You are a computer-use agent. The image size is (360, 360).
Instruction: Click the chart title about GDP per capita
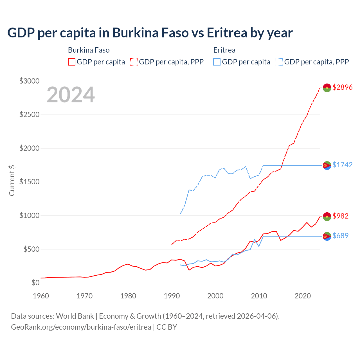click(x=150, y=33)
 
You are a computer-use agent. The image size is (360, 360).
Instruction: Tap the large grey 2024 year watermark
click(x=71, y=95)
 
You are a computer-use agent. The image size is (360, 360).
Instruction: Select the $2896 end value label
click(x=342, y=87)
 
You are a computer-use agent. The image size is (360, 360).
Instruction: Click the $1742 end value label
click(x=342, y=165)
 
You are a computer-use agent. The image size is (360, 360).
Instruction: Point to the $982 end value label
click(x=340, y=216)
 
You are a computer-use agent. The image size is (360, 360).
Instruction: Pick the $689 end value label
click(x=340, y=236)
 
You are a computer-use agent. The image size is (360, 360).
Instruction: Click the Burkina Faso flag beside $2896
click(x=327, y=88)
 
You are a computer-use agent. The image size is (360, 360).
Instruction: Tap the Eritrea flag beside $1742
click(x=327, y=166)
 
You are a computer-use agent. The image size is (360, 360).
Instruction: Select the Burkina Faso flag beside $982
click(x=327, y=216)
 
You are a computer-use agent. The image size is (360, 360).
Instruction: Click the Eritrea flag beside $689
click(x=327, y=237)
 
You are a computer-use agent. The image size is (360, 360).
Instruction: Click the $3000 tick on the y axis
click(x=29, y=81)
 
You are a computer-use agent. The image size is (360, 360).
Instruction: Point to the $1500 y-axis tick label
click(x=29, y=182)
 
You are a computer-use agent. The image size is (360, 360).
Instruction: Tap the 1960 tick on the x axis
click(x=41, y=296)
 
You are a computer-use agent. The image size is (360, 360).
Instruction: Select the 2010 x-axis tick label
click(x=259, y=296)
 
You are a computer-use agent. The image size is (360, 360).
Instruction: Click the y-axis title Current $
click(x=12, y=181)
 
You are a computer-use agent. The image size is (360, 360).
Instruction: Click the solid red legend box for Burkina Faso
click(x=72, y=62)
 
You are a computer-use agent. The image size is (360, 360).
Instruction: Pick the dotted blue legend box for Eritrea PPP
click(x=279, y=62)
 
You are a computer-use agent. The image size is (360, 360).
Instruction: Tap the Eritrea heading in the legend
click(x=224, y=50)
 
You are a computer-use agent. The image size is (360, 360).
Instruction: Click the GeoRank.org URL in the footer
click(x=81, y=327)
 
